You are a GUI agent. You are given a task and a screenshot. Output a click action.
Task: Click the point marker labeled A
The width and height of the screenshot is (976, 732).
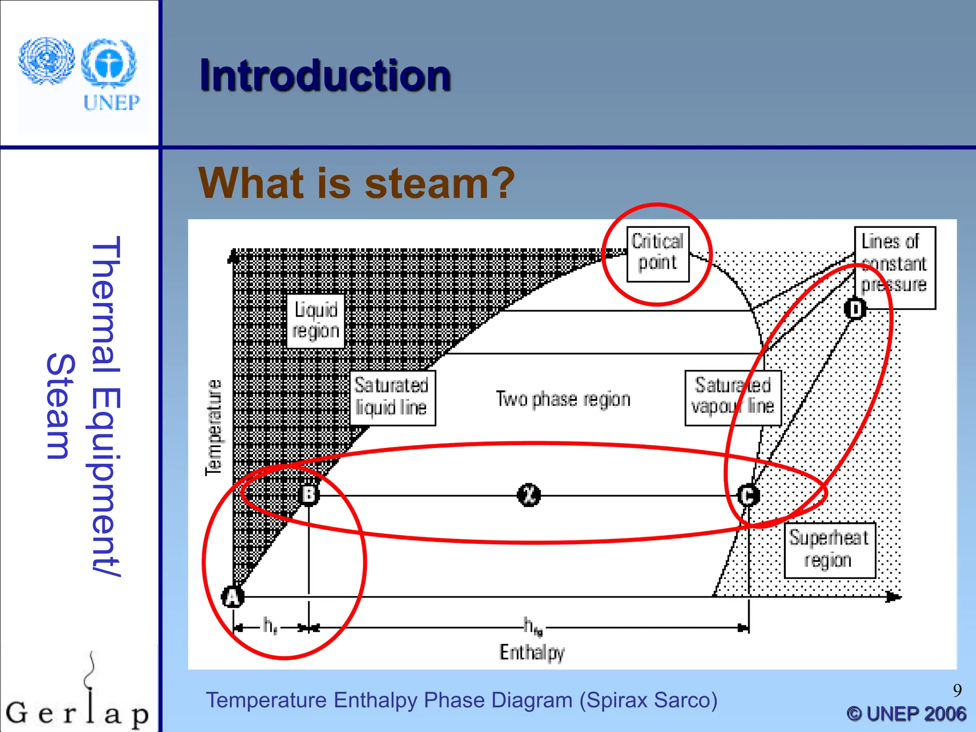(x=233, y=597)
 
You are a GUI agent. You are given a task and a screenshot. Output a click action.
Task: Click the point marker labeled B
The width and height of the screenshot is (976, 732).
(x=309, y=495)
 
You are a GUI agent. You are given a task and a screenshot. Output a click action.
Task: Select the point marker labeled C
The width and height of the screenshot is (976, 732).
(x=748, y=495)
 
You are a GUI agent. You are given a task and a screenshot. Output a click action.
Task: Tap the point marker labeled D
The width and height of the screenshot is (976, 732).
(x=855, y=309)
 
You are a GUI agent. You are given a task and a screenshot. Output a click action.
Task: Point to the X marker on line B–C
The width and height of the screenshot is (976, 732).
(x=529, y=495)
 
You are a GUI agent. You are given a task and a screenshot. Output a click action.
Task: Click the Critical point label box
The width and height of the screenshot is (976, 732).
(x=658, y=254)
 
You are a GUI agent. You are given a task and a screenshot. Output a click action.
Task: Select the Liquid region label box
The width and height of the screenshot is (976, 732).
(x=315, y=320)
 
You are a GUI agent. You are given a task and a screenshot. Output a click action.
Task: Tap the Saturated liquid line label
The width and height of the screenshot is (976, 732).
(x=392, y=397)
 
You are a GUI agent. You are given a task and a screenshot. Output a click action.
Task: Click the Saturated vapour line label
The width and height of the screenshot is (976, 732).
(x=732, y=397)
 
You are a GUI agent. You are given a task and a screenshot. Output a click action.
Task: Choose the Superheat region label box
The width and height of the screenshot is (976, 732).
(x=829, y=549)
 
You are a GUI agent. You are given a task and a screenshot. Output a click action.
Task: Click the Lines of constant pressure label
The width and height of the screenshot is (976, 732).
(x=895, y=267)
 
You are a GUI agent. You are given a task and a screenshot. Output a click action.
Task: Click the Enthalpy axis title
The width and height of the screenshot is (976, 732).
(x=532, y=652)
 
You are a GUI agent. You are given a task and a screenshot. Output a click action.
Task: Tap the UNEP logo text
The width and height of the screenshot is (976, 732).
(x=112, y=102)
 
